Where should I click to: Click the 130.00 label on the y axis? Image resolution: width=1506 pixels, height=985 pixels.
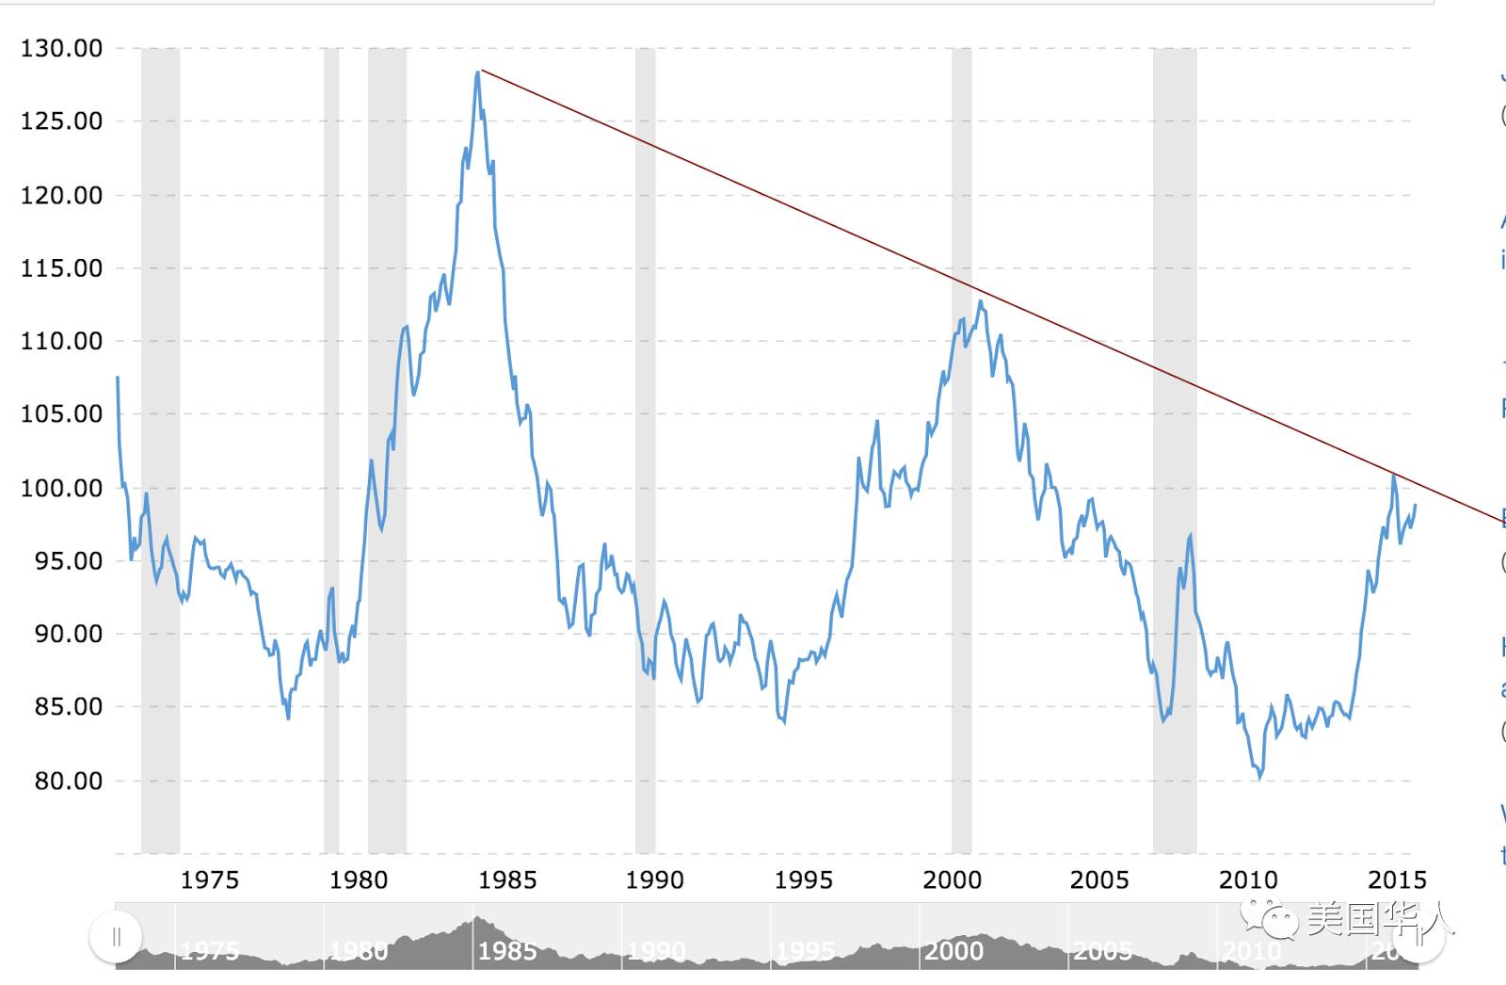tap(62, 49)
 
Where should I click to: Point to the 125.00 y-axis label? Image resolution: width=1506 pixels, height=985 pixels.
tap(62, 121)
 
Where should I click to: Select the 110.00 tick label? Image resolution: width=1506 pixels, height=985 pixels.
tap(62, 341)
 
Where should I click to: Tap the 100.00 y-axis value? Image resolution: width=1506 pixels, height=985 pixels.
tap(62, 488)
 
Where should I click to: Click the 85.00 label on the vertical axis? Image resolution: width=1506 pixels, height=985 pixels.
tap(68, 707)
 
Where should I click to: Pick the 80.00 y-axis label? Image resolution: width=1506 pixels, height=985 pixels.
tap(68, 781)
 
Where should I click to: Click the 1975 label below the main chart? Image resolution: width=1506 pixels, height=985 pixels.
tap(209, 880)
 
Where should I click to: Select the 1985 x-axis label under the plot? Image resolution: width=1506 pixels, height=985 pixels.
tap(506, 880)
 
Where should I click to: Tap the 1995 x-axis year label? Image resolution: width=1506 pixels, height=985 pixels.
tap(803, 880)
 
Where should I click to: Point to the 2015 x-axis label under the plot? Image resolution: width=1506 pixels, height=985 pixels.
tap(1397, 880)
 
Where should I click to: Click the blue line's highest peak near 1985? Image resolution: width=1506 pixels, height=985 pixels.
tap(478, 73)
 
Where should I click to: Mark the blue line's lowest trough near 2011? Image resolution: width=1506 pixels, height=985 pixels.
tap(1259, 778)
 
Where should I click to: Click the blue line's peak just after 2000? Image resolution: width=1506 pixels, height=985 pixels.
tap(980, 301)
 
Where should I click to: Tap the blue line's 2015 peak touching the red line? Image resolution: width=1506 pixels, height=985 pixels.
tap(1393, 476)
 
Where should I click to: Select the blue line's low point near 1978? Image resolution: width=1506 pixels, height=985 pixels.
tap(288, 718)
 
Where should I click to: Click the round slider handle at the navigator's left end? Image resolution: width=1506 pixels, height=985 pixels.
tap(116, 937)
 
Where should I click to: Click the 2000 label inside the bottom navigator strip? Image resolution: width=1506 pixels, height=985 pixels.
tap(953, 951)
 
